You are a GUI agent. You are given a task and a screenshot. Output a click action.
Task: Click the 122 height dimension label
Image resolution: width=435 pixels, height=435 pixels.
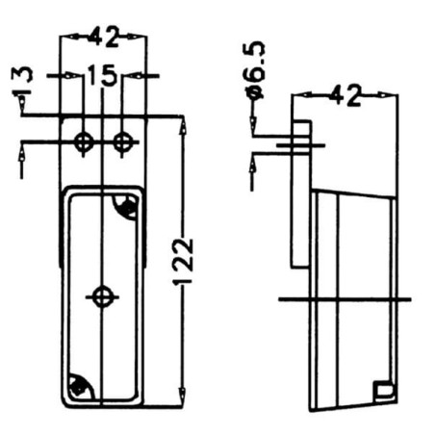(183, 262)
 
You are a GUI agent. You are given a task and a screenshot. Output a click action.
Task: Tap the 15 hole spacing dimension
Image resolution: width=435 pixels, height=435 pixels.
(101, 75)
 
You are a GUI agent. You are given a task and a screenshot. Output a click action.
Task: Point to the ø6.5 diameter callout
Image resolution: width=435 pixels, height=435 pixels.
(254, 69)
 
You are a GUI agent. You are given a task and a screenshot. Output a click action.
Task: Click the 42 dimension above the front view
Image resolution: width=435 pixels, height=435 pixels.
(103, 37)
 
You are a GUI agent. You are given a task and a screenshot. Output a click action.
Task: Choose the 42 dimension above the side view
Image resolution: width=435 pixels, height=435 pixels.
(345, 95)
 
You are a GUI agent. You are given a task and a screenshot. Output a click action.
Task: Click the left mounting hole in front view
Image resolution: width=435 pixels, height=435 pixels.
(84, 142)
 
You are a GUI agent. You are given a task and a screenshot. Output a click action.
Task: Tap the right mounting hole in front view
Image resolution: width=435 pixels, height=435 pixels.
(122, 142)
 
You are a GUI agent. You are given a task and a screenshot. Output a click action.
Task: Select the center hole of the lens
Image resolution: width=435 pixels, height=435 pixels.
(102, 297)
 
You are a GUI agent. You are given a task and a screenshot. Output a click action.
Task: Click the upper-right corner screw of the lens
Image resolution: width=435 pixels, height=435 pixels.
(127, 205)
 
